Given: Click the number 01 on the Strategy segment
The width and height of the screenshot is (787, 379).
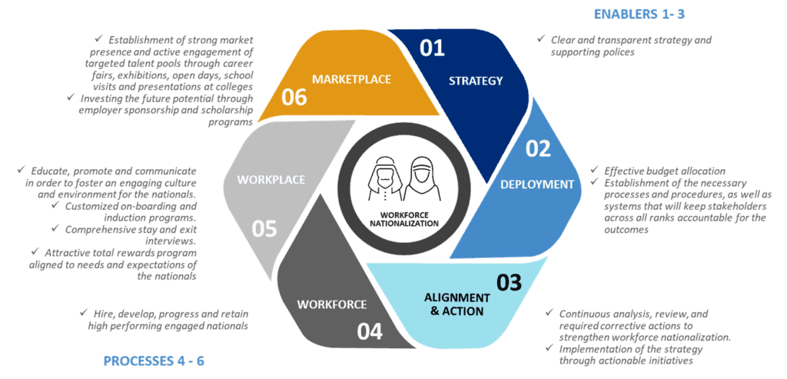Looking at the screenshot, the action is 432,48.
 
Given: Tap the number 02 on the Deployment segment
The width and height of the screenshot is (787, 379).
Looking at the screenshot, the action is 537,149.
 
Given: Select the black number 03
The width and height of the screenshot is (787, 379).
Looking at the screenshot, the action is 509,283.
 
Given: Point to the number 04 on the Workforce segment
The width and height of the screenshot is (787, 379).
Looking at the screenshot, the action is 370,331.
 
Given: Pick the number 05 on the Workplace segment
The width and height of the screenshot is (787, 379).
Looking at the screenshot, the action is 264,228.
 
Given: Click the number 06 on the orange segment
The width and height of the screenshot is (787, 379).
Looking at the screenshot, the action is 294,98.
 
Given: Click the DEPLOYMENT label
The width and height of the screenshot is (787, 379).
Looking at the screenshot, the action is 537,185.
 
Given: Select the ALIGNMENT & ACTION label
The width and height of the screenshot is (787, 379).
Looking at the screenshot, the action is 457,304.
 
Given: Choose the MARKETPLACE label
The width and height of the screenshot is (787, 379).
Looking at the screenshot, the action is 351,79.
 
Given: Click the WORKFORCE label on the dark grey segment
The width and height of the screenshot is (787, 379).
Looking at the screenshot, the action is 332,304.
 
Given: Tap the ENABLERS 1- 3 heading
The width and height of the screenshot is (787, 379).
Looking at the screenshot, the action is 639,14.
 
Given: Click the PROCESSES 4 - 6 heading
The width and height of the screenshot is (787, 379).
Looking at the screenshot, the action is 154,361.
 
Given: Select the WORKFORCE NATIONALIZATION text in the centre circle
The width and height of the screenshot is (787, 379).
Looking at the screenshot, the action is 407,219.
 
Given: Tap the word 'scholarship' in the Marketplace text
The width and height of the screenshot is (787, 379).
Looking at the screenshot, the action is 227,110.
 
